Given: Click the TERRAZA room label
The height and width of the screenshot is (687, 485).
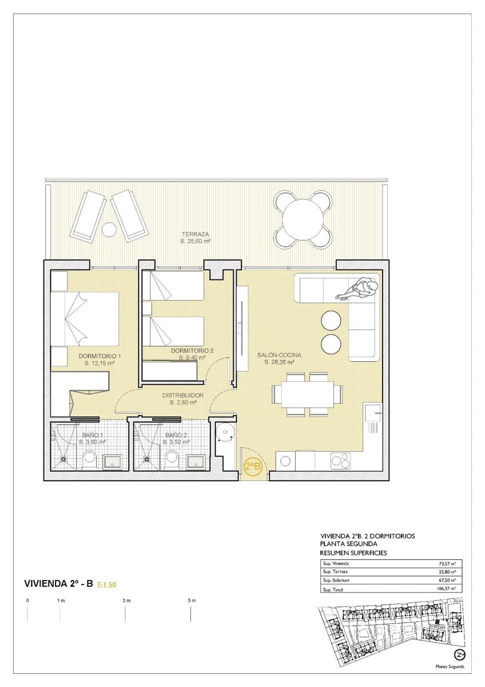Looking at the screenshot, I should click(195, 234).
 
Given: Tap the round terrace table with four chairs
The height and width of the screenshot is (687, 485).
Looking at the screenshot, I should click(303, 219).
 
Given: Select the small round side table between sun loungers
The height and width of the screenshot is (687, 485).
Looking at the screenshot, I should click(108, 230).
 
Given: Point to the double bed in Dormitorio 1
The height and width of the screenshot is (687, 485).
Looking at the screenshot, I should click(86, 319).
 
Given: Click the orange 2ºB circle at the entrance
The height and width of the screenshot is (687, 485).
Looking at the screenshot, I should click(253, 467).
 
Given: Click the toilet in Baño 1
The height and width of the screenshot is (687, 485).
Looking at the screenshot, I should click(89, 459).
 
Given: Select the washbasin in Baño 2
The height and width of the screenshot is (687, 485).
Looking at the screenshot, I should click(196, 461).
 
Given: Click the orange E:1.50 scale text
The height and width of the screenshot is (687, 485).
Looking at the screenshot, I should click(107, 585).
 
